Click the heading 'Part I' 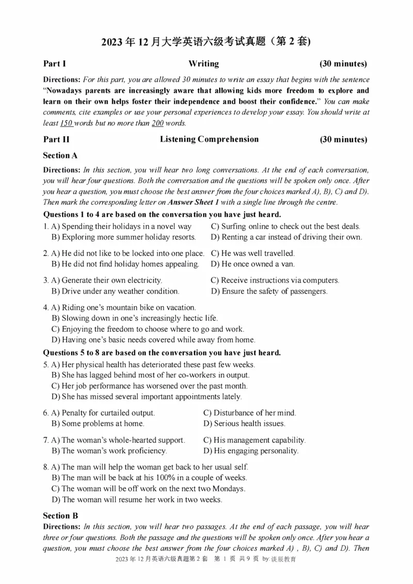pyautogui.click(x=54, y=64)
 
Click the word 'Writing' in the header pyautogui.click(x=203, y=64)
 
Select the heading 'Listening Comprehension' pyautogui.click(x=209, y=139)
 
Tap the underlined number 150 pyautogui.click(x=66, y=123)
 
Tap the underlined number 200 pyautogui.click(x=157, y=123)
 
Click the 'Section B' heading pyautogui.click(x=60, y=515)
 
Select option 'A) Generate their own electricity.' pyautogui.click(x=107, y=281)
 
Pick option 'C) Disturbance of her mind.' pyautogui.click(x=249, y=413)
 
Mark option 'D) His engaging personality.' pyautogui.click(x=251, y=451)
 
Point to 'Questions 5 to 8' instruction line pyautogui.click(x=162, y=353)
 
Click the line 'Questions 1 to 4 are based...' pyautogui.click(x=162, y=214)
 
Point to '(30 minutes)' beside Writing pyautogui.click(x=343, y=64)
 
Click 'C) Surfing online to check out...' pyautogui.click(x=285, y=226)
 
